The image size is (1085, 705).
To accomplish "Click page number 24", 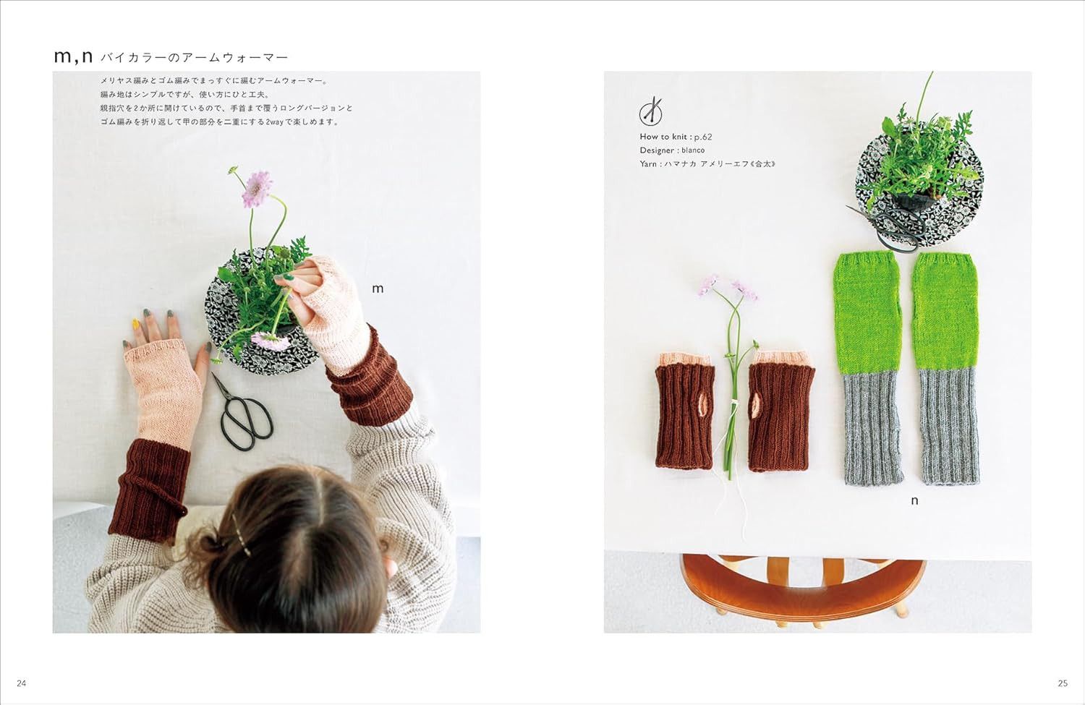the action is pos(21,683).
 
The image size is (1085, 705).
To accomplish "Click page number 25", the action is pos(1063,683).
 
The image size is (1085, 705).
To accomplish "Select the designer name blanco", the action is pos(693,150).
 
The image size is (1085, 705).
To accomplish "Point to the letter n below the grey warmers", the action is pos(914,501).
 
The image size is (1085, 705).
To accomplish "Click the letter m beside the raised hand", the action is pos(378,289).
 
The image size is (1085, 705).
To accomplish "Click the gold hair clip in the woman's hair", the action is pos(241,534).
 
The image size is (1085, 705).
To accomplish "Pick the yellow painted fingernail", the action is pos(136,323).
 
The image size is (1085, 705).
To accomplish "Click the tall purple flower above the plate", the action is pos(256,188).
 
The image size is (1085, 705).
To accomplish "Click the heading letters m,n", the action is pos(73,57).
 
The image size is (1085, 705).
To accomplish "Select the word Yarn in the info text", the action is pos(648,164).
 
